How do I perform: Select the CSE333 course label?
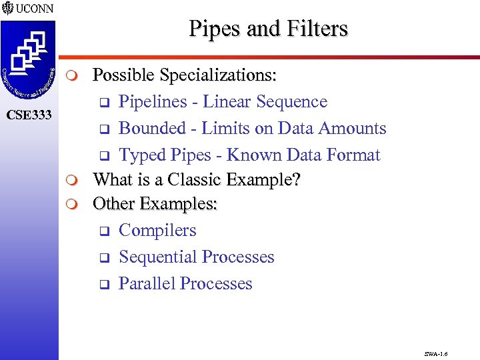pyautogui.click(x=29, y=115)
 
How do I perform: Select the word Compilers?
pyautogui.click(x=157, y=230)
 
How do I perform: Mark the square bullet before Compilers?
pyautogui.click(x=104, y=231)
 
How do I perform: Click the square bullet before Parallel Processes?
pyautogui.click(x=104, y=285)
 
